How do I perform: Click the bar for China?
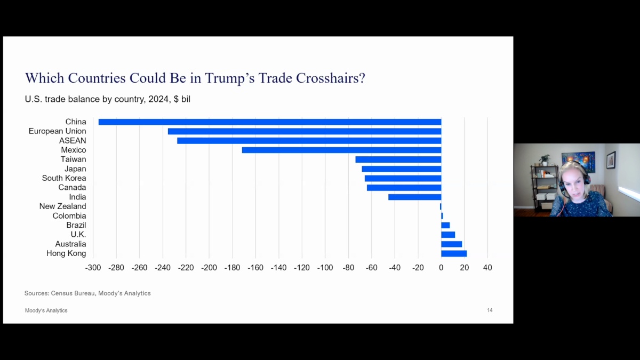click(x=270, y=122)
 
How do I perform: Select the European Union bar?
click(x=305, y=131)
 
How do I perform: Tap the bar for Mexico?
click(x=341, y=150)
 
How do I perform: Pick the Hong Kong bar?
click(x=454, y=253)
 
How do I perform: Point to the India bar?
click(x=414, y=197)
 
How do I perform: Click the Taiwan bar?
click(x=398, y=159)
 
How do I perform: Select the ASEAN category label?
click(x=73, y=141)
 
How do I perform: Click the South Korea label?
click(x=64, y=178)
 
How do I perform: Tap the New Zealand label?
click(x=62, y=206)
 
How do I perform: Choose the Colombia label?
click(x=69, y=216)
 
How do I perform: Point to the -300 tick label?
click(x=93, y=268)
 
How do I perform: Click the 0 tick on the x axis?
click(x=441, y=268)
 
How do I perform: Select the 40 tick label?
click(x=487, y=268)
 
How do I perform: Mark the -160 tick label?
click(x=255, y=268)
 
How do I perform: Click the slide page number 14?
click(x=490, y=310)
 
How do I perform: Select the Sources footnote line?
click(x=87, y=293)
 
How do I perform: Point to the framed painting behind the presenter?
click(x=578, y=162)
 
